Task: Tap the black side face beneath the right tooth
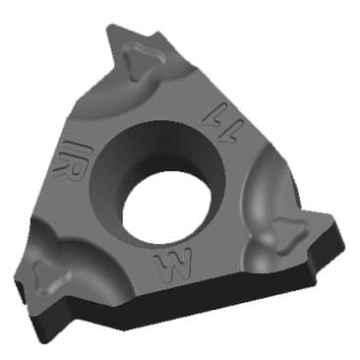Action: (315, 251)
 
